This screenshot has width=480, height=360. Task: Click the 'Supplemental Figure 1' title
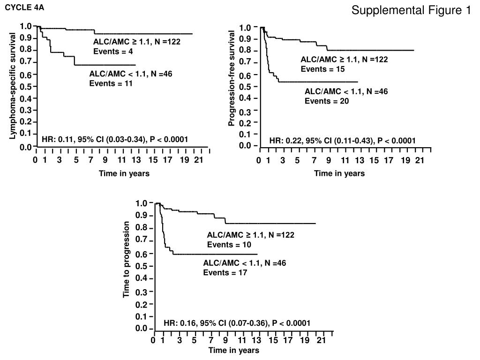[411, 10]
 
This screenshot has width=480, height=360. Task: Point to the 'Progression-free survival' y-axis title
[232, 78]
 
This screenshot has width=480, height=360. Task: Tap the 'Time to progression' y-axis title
[126, 260]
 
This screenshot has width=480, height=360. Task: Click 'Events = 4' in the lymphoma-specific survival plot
[113, 51]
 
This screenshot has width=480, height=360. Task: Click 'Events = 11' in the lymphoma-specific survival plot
[111, 83]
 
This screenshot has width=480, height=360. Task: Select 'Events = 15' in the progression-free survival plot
[322, 69]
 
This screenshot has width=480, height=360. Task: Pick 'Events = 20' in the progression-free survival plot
[326, 101]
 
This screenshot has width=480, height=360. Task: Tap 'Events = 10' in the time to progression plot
[229, 245]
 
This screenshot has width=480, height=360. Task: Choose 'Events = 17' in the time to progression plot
[225, 272]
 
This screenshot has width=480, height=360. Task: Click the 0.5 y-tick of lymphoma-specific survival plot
[26, 87]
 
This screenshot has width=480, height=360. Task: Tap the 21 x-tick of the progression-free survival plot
[420, 160]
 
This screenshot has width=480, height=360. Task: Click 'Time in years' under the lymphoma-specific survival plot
[124, 173]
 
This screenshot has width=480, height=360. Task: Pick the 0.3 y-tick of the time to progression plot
[142, 292]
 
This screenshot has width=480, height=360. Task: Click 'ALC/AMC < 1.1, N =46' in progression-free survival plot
[346, 91]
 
